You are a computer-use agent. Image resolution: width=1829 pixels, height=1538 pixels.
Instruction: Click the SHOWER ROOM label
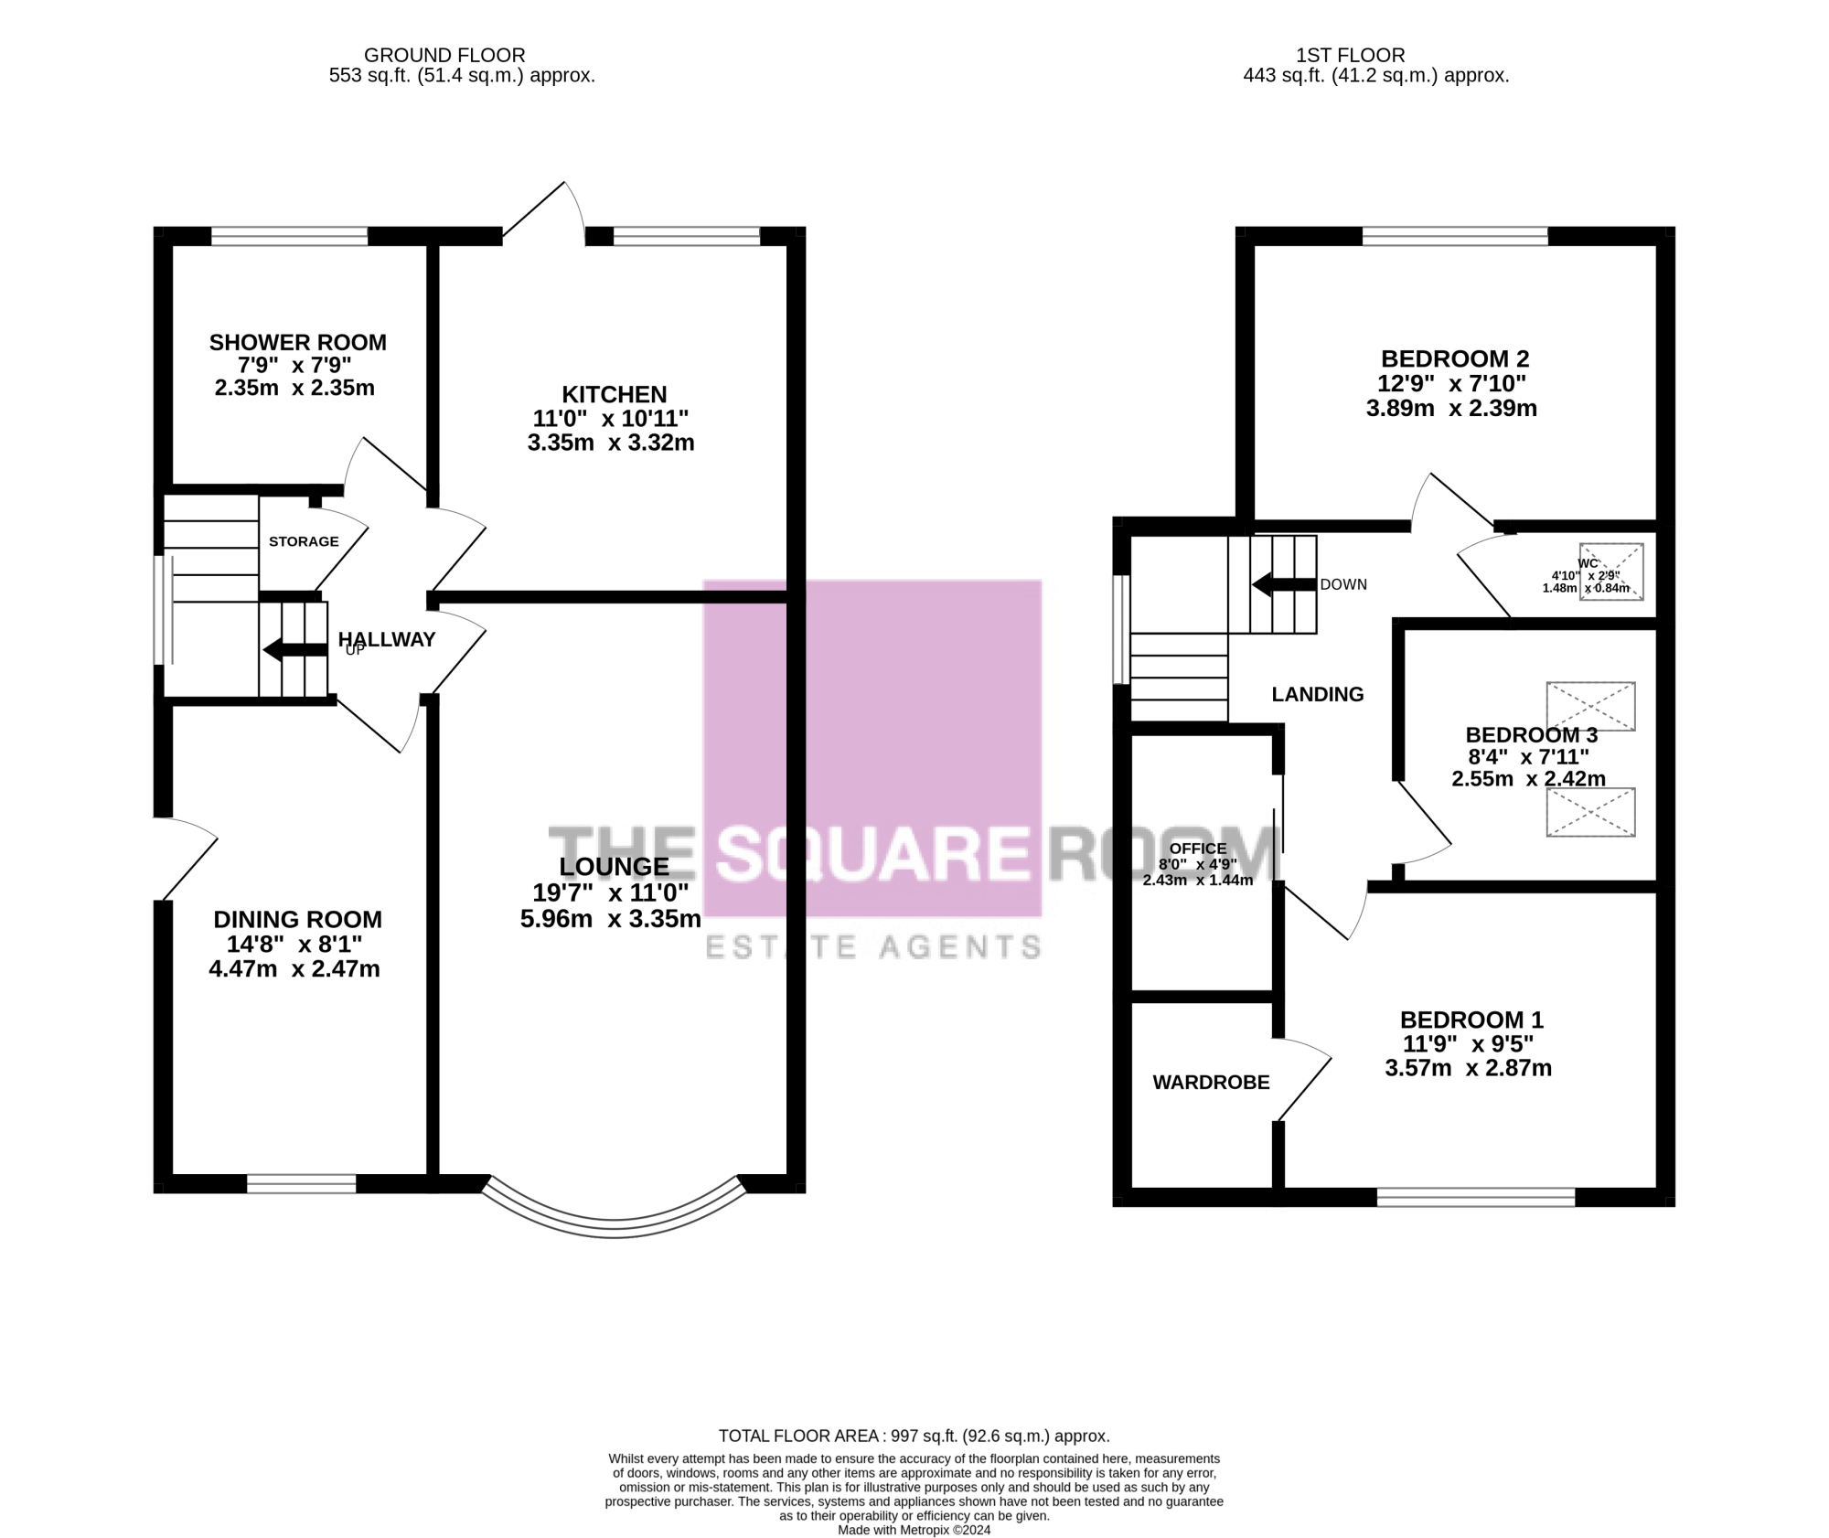[x=298, y=342]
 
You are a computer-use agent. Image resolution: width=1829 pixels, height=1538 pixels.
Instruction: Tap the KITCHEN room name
[x=614, y=394]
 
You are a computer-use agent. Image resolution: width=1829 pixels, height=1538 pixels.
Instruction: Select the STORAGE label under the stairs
[x=304, y=541]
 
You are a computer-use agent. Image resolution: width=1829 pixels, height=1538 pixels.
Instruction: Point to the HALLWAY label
[x=387, y=639]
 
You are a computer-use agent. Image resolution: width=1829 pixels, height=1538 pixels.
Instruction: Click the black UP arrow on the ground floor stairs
[x=294, y=649]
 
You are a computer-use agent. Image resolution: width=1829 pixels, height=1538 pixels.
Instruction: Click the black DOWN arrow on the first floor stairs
[x=1284, y=584]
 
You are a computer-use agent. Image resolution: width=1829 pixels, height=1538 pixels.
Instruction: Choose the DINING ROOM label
[x=298, y=919]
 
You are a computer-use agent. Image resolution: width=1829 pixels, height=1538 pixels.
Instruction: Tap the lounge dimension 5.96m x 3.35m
[x=611, y=918]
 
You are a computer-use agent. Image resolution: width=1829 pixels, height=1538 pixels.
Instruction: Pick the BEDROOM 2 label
[x=1455, y=358]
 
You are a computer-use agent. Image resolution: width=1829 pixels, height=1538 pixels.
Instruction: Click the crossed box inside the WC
[x=1611, y=571]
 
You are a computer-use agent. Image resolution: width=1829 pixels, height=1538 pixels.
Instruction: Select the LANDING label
[x=1318, y=694]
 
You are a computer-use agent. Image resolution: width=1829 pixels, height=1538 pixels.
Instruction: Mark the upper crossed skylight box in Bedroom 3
[x=1590, y=706]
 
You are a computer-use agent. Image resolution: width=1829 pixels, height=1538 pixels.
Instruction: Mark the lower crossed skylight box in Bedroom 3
[x=1590, y=812]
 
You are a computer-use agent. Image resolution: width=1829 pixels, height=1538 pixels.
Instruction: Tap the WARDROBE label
[x=1211, y=1083]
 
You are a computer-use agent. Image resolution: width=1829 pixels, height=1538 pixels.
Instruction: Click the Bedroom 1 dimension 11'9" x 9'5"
[x=1468, y=1043]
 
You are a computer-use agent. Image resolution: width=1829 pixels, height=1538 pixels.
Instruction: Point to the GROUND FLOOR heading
[x=444, y=56]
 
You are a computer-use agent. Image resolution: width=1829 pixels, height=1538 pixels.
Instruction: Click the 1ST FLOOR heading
[x=1351, y=56]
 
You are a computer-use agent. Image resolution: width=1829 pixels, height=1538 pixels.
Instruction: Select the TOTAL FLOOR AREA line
[x=914, y=1437]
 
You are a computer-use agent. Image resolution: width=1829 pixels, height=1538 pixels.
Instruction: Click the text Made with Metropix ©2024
[x=914, y=1530]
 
